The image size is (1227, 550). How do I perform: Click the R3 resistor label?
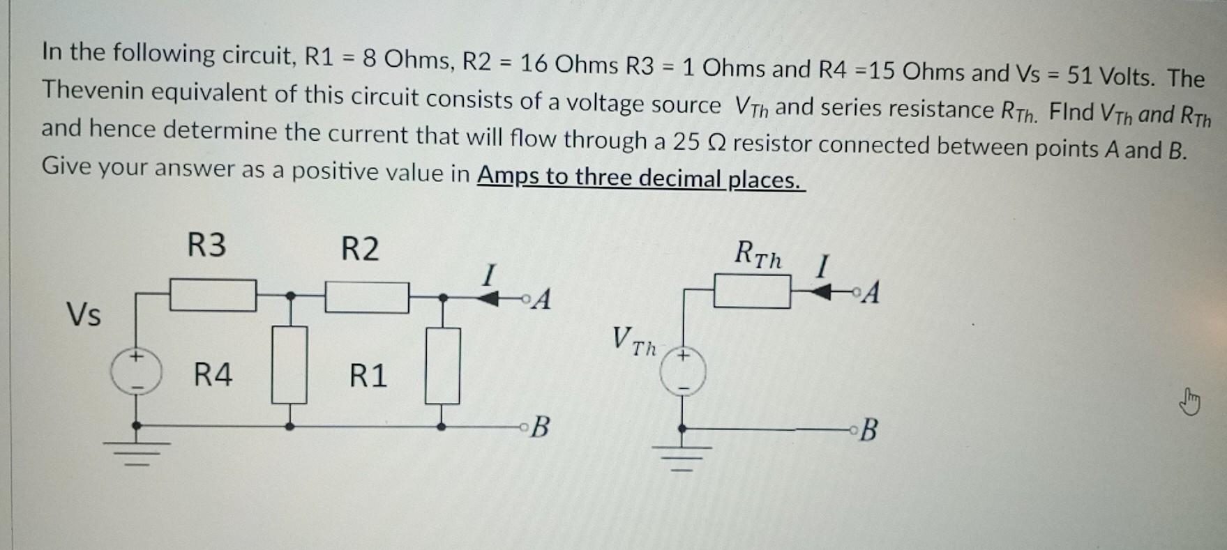(x=206, y=245)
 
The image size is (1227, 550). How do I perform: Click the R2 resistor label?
(x=360, y=249)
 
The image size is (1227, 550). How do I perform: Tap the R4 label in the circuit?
(x=213, y=375)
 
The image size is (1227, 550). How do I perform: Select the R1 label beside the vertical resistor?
(x=368, y=376)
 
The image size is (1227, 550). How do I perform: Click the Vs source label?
(x=84, y=315)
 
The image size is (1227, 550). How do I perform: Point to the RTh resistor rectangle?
(x=752, y=291)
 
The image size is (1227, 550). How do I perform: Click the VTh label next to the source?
(x=633, y=342)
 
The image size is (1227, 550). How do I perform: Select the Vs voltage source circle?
(x=137, y=372)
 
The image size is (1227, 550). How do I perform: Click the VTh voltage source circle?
(x=684, y=373)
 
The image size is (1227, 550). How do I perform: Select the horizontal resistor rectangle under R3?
(x=213, y=296)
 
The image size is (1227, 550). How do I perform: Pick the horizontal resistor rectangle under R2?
(x=367, y=298)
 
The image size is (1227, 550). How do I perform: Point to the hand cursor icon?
(x=1191, y=403)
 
